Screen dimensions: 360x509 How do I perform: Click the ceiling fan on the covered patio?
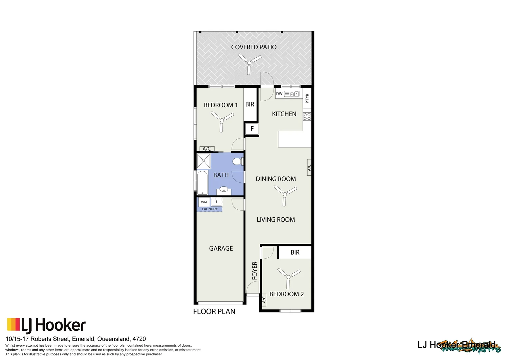click(249, 62)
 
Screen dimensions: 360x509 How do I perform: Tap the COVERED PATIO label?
click(254, 47)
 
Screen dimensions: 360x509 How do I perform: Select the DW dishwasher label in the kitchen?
click(279, 94)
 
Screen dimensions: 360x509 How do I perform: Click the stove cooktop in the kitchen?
click(307, 116)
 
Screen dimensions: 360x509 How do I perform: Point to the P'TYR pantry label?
click(307, 98)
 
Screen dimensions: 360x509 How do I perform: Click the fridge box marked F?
click(252, 129)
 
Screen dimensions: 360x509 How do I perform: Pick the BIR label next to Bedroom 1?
click(250, 104)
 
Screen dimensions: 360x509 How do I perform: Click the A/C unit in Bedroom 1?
click(207, 149)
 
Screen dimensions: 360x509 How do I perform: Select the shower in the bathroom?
click(204, 161)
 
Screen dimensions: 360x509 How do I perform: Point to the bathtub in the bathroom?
click(202, 182)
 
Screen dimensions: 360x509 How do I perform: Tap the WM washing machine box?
click(204, 202)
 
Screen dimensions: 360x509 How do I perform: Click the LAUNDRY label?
click(210, 209)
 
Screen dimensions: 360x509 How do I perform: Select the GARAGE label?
click(221, 248)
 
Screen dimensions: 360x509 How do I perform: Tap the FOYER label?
click(255, 270)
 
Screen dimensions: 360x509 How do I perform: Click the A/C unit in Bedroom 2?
click(264, 300)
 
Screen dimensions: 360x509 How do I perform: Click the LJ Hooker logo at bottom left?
click(46, 325)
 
